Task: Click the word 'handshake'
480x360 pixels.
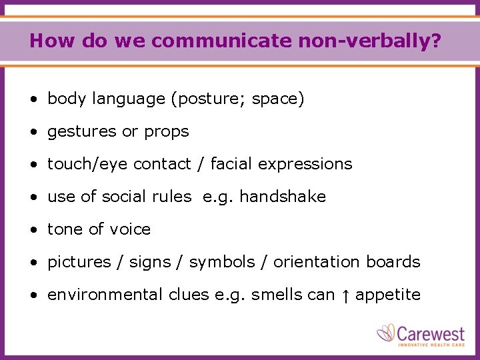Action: coord(282,197)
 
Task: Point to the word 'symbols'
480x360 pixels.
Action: coord(222,262)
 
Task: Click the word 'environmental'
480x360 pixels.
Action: coord(105,295)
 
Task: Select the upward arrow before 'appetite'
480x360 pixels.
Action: coord(345,295)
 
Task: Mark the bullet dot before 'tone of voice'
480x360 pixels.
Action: coord(33,230)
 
